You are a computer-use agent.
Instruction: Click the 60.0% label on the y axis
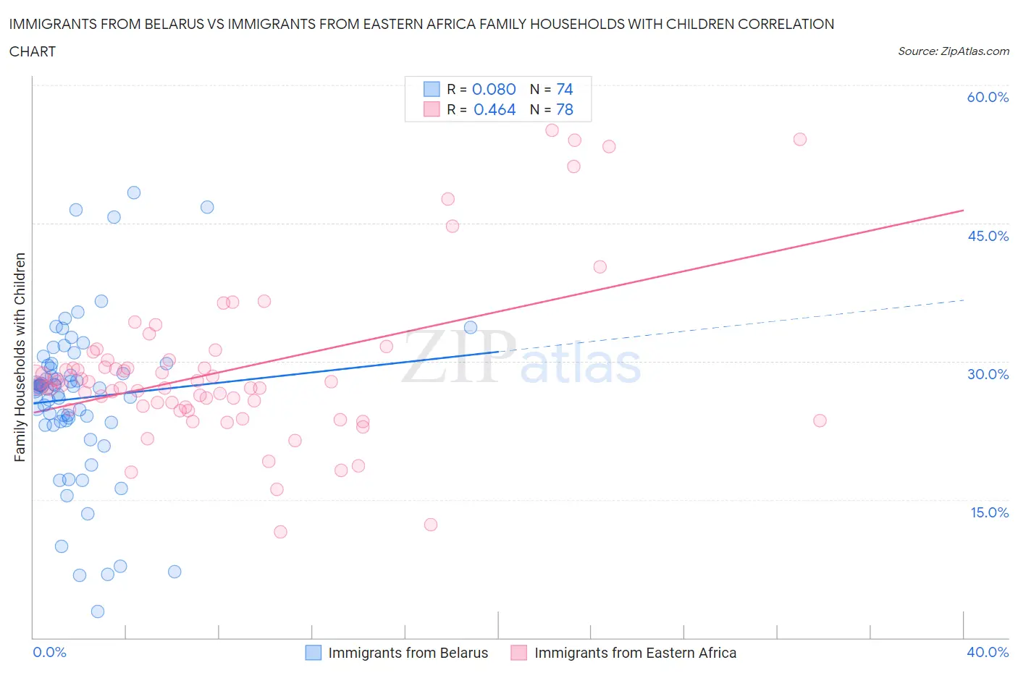988,97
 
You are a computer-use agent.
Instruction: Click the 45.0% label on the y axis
988,236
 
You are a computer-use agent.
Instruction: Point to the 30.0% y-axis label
988,374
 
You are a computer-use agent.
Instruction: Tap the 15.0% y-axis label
988,512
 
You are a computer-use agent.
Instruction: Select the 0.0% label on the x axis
49,652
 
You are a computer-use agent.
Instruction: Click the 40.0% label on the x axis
988,652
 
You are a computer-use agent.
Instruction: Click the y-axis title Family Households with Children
20,357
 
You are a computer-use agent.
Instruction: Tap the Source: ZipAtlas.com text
953,51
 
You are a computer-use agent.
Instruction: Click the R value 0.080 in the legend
494,89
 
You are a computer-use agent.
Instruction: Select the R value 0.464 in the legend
495,109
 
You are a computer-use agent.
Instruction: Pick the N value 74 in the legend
564,89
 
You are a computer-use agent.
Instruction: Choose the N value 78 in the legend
564,109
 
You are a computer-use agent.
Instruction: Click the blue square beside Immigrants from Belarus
313,653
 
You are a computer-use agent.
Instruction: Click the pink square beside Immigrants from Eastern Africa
518,653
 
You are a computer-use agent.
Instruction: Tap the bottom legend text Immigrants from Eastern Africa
635,653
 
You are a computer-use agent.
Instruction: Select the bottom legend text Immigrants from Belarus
408,653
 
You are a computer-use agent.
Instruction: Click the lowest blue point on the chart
98,611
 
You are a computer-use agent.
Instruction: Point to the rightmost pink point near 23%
820,420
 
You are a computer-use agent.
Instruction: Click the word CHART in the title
33,51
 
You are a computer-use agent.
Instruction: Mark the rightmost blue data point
471,327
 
